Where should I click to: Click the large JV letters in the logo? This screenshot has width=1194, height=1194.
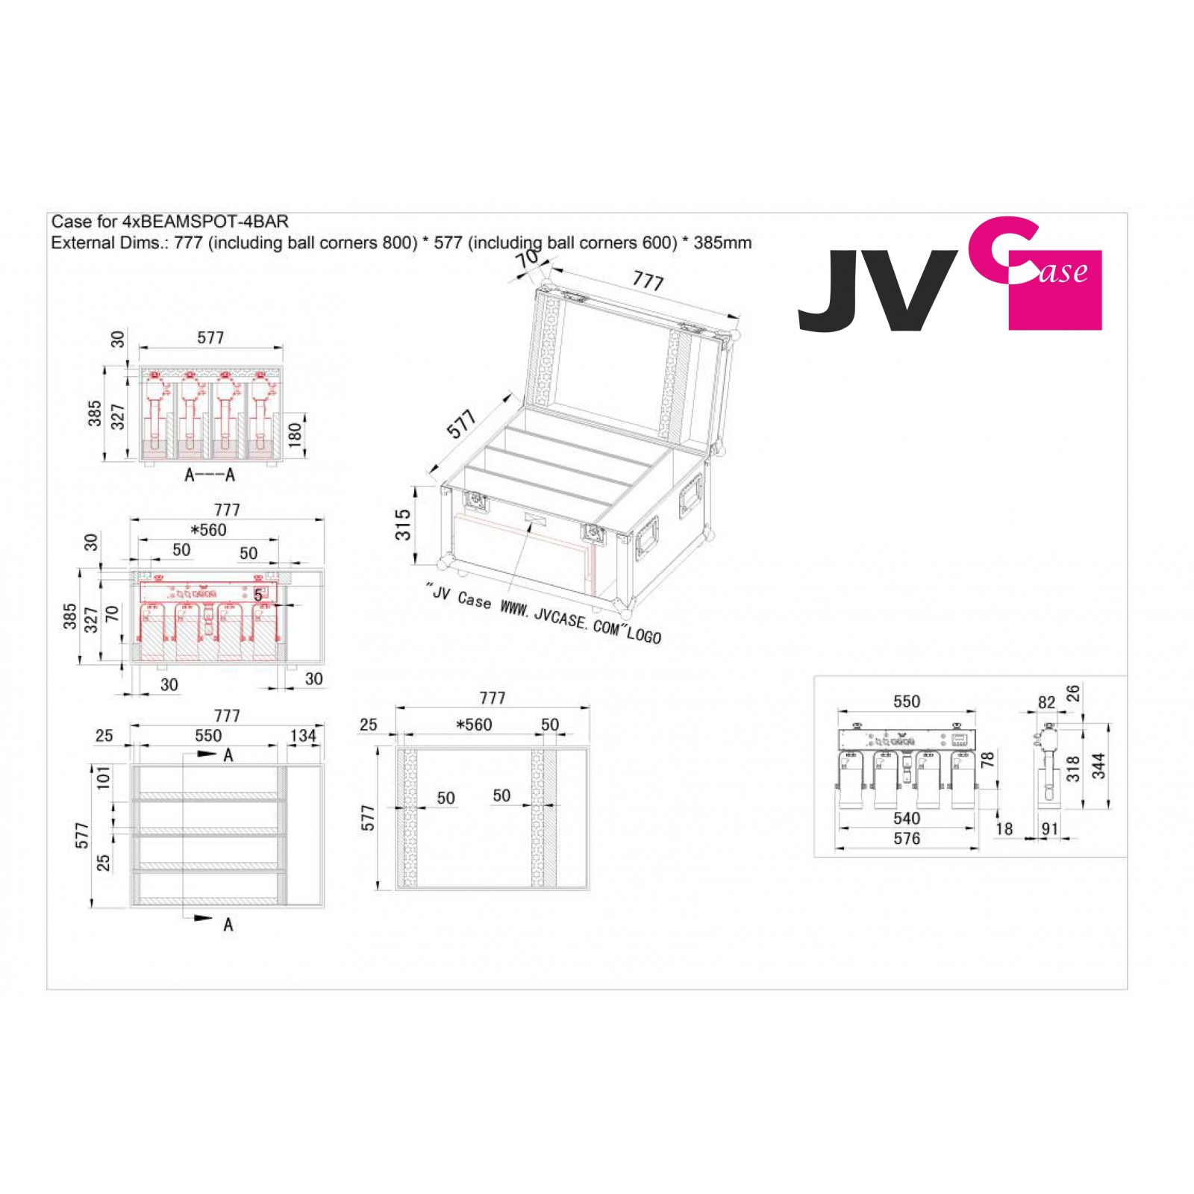pyautogui.click(x=877, y=291)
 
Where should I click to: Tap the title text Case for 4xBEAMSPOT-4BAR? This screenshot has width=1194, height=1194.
pyautogui.click(x=169, y=222)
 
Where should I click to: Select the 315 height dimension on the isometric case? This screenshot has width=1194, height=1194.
pyautogui.click(x=403, y=524)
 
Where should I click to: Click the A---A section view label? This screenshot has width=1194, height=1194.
pyautogui.click(x=210, y=475)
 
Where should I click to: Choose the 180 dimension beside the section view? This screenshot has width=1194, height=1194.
pyautogui.click(x=295, y=434)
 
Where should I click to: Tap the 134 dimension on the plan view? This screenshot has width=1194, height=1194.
pyautogui.click(x=303, y=736)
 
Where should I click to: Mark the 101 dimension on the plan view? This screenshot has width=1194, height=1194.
pyautogui.click(x=104, y=777)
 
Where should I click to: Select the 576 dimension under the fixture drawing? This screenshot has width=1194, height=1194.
pyautogui.click(x=907, y=839)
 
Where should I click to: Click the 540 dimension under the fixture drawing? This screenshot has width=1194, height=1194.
pyautogui.click(x=907, y=819)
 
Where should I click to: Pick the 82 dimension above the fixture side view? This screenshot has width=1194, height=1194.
pyautogui.click(x=1046, y=703)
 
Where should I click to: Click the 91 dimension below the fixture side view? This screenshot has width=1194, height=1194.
pyautogui.click(x=1049, y=828)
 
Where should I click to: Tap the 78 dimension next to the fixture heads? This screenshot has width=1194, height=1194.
pyautogui.click(x=988, y=760)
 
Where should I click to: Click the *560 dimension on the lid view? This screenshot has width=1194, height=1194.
pyautogui.click(x=475, y=725)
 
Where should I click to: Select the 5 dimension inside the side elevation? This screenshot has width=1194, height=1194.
pyautogui.click(x=258, y=595)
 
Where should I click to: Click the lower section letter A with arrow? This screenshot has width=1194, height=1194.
pyautogui.click(x=228, y=925)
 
